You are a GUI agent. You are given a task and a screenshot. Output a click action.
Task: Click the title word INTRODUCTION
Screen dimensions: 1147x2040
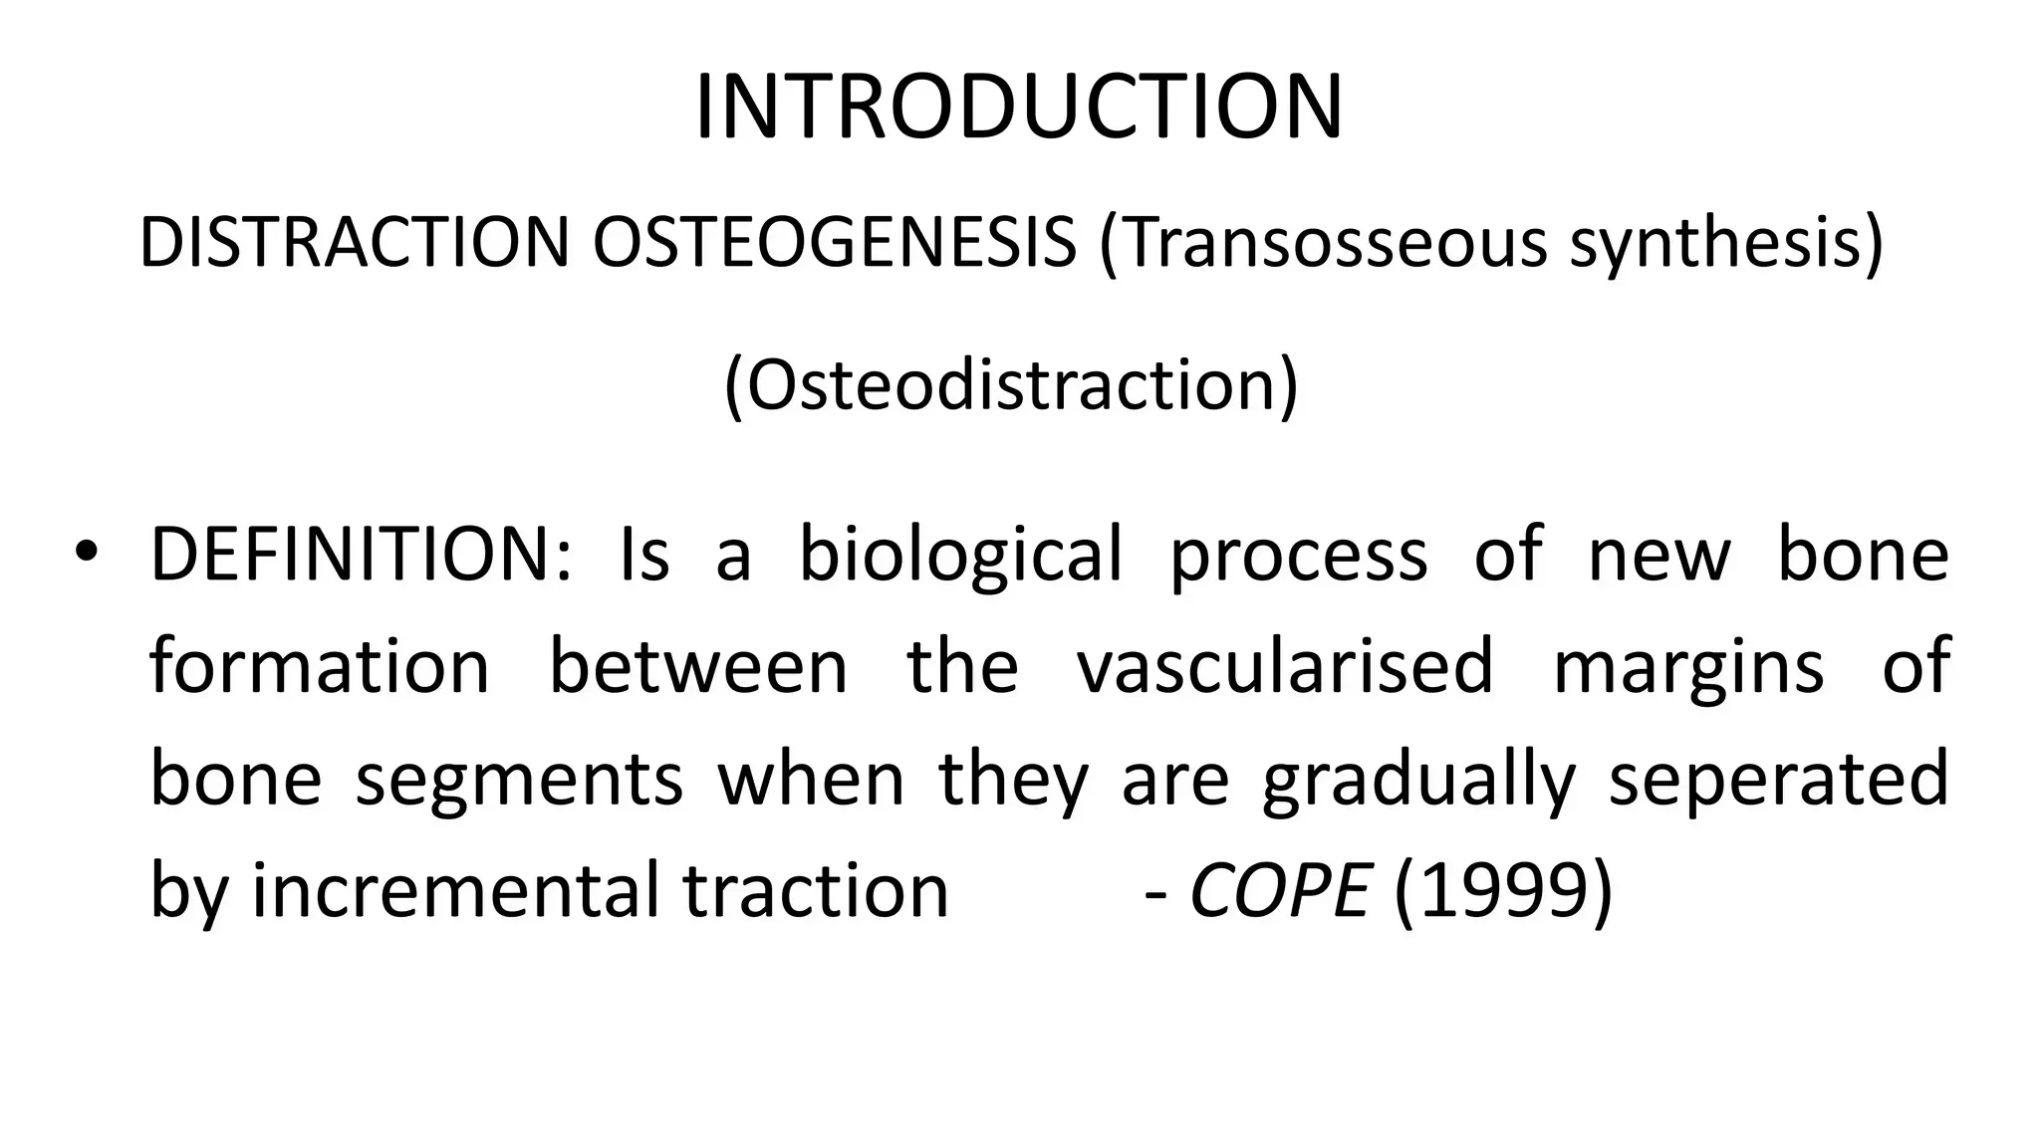click(1018, 108)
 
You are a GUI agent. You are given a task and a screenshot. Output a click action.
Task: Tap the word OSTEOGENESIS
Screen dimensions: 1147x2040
click(834, 243)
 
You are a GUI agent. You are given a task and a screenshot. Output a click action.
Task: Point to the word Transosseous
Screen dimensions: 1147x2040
click(1324, 243)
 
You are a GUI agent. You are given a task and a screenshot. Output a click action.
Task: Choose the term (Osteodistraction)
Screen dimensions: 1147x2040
click(1011, 386)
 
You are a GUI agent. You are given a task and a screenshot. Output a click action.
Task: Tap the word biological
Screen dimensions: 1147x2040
click(960, 556)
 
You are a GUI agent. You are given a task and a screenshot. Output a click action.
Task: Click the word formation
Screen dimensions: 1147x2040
click(320, 666)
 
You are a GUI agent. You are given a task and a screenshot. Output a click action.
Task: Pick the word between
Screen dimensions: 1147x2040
click(698, 666)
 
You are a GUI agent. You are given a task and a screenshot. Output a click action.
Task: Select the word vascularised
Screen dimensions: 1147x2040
click(1285, 666)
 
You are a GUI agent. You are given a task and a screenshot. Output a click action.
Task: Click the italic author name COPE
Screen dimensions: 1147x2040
click(1279, 890)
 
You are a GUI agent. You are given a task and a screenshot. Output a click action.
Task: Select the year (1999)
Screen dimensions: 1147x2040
click(1502, 890)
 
